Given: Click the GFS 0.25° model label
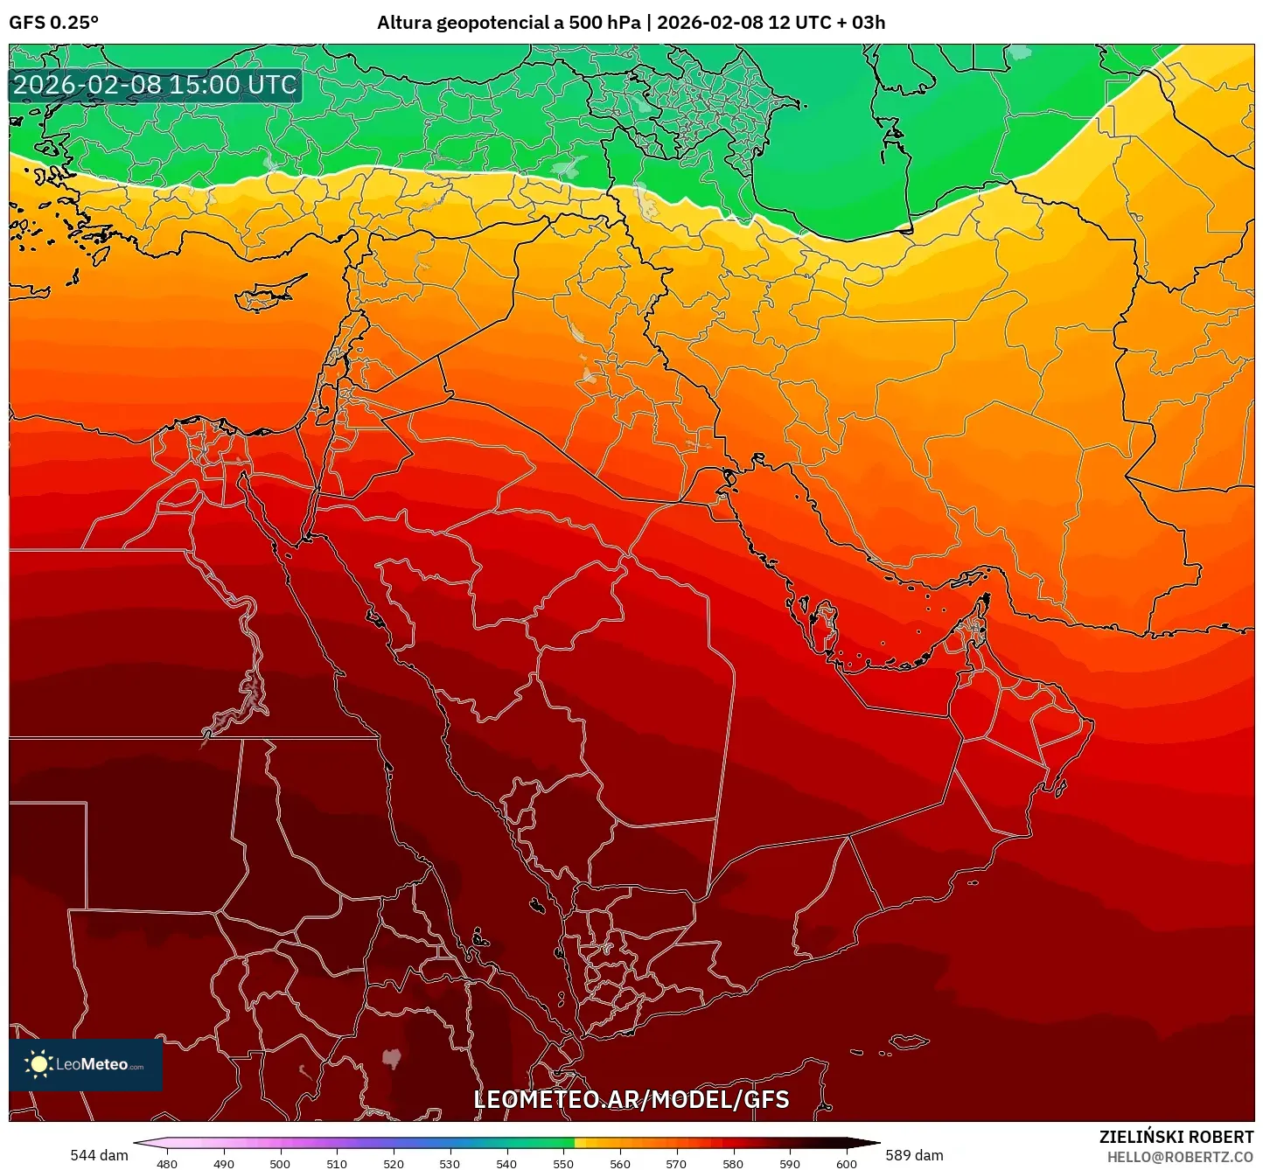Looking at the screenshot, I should pyautogui.click(x=53, y=23).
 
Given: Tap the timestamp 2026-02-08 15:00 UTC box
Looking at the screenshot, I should pyautogui.click(x=155, y=85).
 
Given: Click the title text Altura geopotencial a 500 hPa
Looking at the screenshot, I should pyautogui.click(x=508, y=23).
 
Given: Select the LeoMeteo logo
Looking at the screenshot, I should pyautogui.click(x=86, y=1064).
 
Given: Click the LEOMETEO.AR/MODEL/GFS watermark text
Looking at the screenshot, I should pyautogui.click(x=631, y=1099).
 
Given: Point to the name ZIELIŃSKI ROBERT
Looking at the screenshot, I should pyautogui.click(x=1176, y=1137).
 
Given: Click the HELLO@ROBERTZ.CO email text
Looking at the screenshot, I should pyautogui.click(x=1180, y=1157).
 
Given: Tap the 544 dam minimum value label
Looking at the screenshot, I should pyautogui.click(x=99, y=1155).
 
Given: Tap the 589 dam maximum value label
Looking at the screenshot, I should pyautogui.click(x=914, y=1155).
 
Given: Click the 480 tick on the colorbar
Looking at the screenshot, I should pyautogui.click(x=166, y=1163).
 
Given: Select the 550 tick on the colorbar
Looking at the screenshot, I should pyautogui.click(x=563, y=1163).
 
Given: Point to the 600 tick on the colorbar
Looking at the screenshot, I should pyautogui.click(x=846, y=1163).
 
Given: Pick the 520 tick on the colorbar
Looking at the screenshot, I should pyautogui.click(x=394, y=1163).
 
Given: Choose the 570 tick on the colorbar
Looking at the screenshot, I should pyautogui.click(x=676, y=1163).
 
